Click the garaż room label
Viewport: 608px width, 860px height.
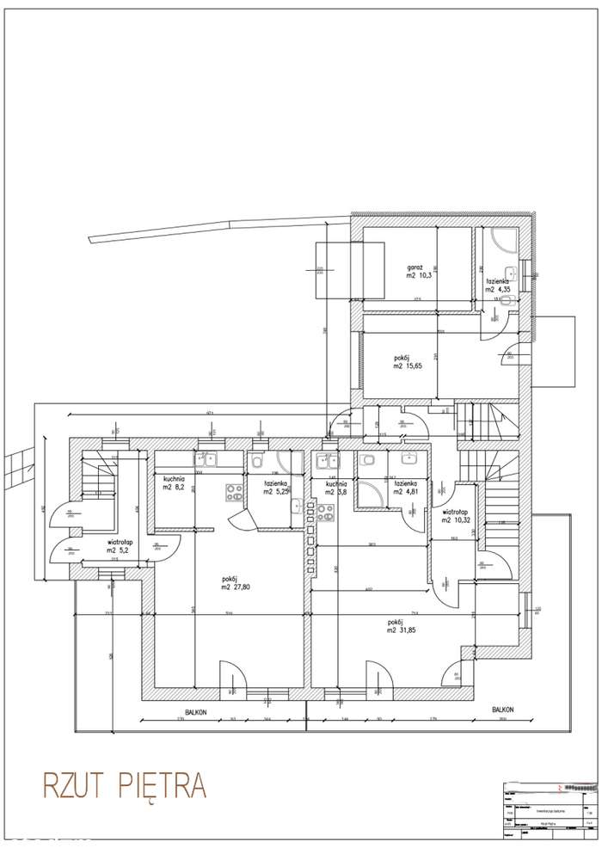pyautogui.click(x=415, y=267)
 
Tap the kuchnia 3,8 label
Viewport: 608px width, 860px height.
pyautogui.click(x=337, y=488)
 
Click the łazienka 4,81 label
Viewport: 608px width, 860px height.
pyautogui.click(x=405, y=488)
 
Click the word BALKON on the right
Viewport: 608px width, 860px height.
pyautogui.click(x=503, y=710)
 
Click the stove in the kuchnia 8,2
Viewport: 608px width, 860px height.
pyautogui.click(x=234, y=493)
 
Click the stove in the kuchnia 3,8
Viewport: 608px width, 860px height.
pyautogui.click(x=325, y=513)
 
